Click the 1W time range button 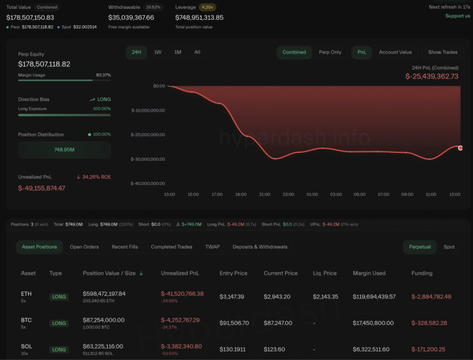[x=158, y=52]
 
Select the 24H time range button [x=137, y=52]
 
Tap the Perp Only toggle [x=330, y=52]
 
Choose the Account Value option [x=395, y=52]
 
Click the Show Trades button [x=443, y=52]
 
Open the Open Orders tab [x=84, y=247]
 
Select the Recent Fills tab [x=124, y=247]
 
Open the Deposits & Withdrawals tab [x=260, y=247]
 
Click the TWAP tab [x=212, y=247]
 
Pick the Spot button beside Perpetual [x=449, y=247]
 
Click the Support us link [x=458, y=16]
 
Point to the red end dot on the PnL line [x=460, y=148]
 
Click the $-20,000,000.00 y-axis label [x=148, y=135]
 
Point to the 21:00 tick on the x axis [x=264, y=194]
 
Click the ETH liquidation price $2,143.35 [x=326, y=297]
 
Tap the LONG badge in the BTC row [x=59, y=323]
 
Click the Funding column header [x=422, y=273]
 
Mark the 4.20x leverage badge [x=207, y=7]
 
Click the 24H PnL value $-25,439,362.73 [x=431, y=76]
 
